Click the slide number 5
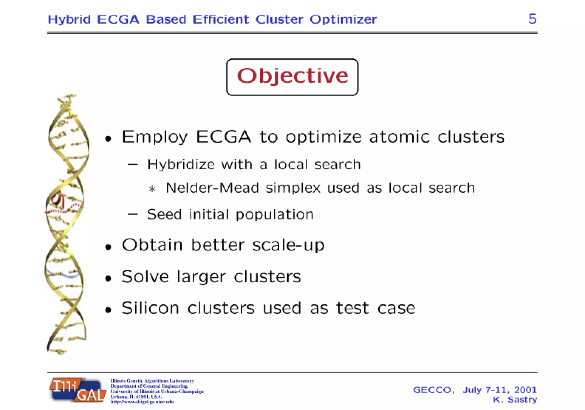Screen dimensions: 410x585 (x=532, y=19)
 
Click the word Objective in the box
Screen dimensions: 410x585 (x=292, y=76)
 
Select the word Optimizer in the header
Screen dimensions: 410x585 (x=343, y=19)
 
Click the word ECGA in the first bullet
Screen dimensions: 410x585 (x=223, y=137)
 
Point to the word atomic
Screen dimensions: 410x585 (x=399, y=137)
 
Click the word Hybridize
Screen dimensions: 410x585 (x=181, y=165)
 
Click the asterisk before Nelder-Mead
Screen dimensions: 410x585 (x=152, y=189)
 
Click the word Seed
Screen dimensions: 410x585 (x=164, y=214)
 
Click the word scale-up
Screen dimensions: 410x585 (x=289, y=245)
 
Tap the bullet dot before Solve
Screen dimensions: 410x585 (x=108, y=278)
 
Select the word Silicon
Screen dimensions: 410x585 (x=150, y=308)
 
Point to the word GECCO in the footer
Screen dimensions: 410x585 (x=433, y=390)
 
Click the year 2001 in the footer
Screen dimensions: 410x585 (x=525, y=390)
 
